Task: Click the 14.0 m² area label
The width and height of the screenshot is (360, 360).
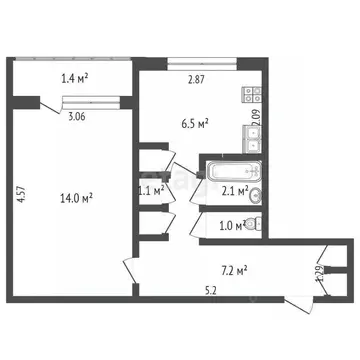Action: point(75,198)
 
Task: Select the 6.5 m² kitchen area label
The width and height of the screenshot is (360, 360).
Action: point(195,124)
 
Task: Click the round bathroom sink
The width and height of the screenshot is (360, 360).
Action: point(256,193)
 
